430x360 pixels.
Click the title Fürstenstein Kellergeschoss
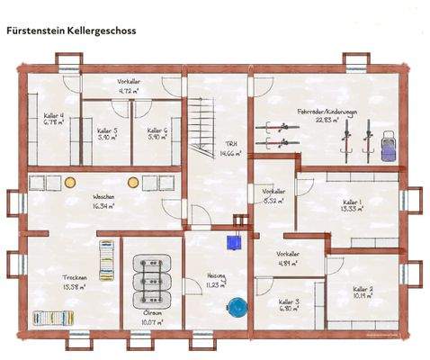point(70,30)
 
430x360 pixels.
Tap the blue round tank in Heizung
point(237,307)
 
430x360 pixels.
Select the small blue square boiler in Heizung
point(235,242)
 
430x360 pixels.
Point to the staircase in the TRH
point(202,126)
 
